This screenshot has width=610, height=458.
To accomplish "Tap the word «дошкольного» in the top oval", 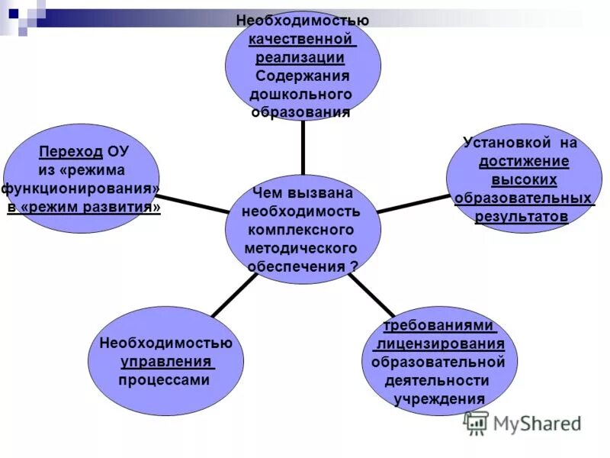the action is (301, 95).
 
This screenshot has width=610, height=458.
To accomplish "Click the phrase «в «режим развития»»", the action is (84, 208).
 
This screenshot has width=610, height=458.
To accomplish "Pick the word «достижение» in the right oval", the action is (524, 162).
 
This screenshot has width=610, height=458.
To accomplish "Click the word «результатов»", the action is (522, 217).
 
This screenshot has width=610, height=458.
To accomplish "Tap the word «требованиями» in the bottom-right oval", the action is (438, 325).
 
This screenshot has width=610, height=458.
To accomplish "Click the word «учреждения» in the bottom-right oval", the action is (439, 398).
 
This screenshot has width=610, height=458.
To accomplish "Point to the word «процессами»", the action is (164, 379).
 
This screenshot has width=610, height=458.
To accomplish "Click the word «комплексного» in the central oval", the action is (301, 229).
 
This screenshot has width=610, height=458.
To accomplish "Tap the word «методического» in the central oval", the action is (301, 248).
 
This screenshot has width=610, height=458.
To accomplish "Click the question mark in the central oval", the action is (354, 266).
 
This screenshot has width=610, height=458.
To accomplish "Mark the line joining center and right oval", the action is (412, 202).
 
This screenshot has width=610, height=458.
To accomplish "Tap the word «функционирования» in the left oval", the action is (80, 189).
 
